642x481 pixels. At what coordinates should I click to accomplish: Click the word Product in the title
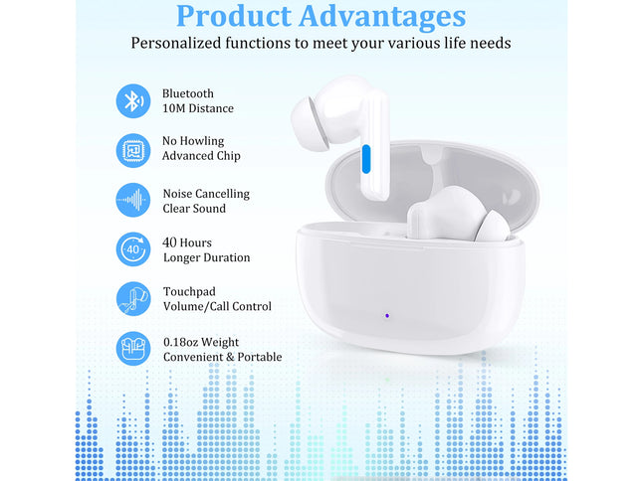click(x=233, y=17)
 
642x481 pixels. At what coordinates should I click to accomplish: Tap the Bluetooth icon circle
click(x=132, y=100)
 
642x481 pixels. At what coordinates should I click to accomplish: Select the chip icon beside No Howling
click(x=132, y=149)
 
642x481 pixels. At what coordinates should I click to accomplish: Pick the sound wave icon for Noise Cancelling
click(x=132, y=201)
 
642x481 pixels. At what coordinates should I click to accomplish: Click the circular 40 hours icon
click(x=132, y=249)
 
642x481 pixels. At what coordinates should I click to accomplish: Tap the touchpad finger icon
click(x=132, y=299)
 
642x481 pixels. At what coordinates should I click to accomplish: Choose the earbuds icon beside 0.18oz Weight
click(x=132, y=349)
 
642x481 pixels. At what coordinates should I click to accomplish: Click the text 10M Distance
click(x=198, y=108)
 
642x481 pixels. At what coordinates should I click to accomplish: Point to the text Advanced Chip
click(x=201, y=156)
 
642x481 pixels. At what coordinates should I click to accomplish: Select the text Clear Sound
click(x=194, y=209)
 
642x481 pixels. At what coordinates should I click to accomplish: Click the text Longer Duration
click(x=206, y=257)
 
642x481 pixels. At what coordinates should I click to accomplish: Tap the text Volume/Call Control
click(x=217, y=307)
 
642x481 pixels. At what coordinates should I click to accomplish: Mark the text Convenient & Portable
click(x=222, y=357)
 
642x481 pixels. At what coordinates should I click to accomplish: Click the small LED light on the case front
click(x=387, y=318)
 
